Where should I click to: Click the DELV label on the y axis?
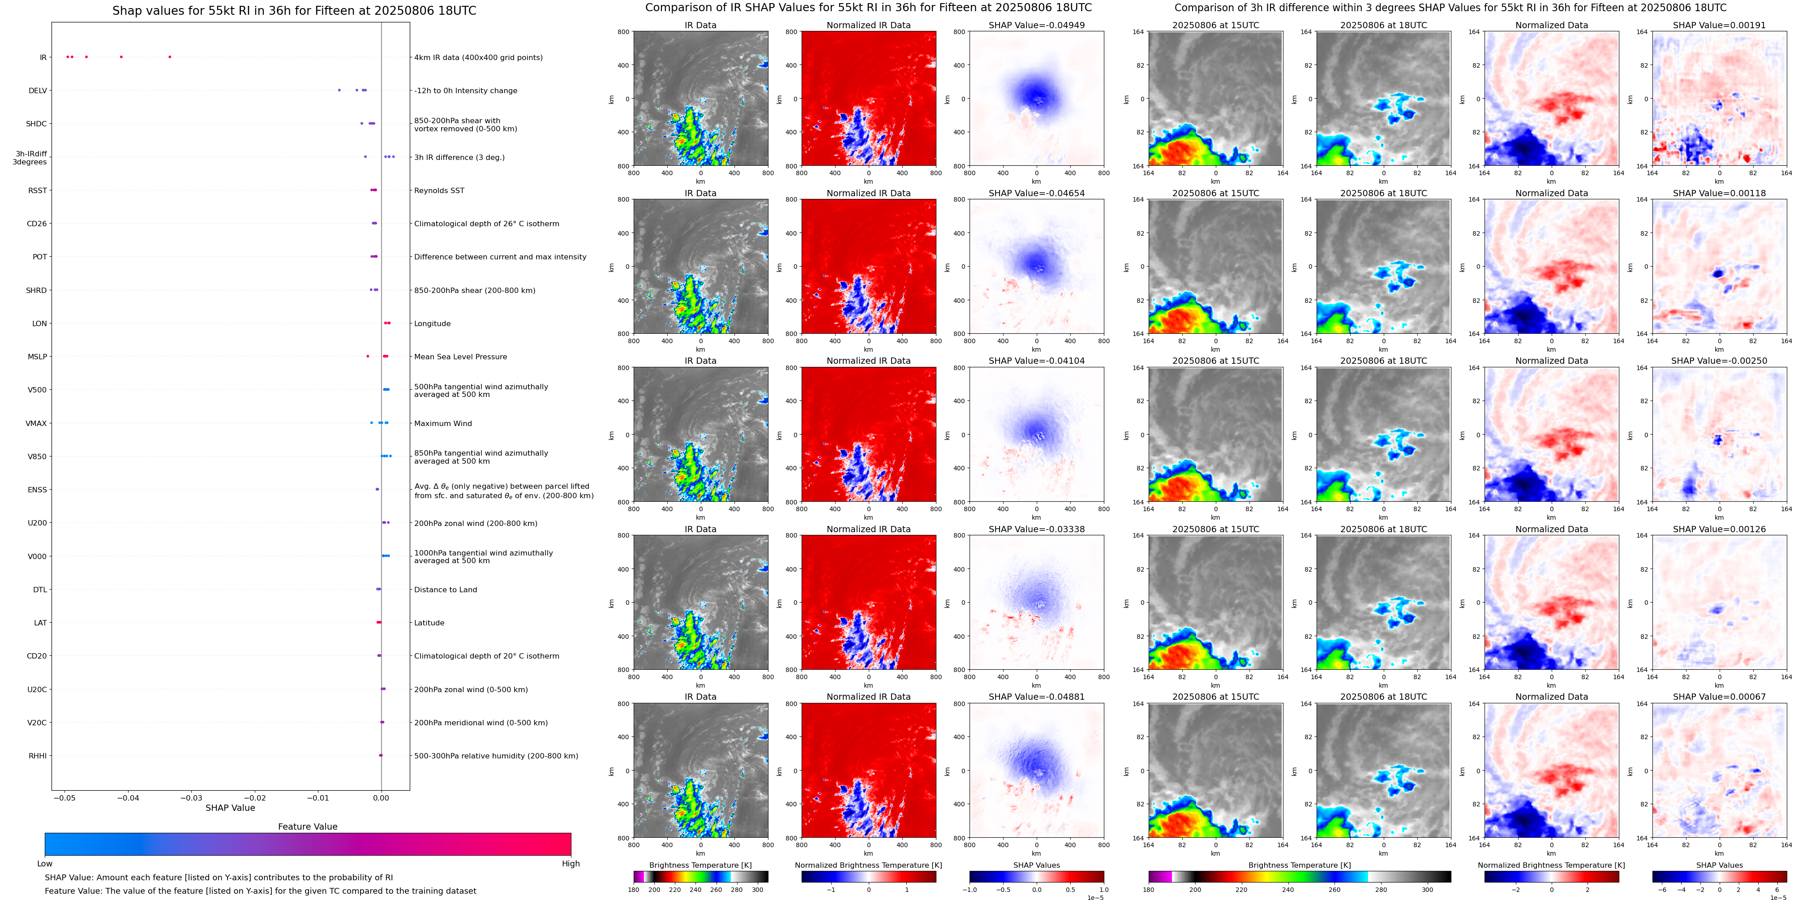click(x=38, y=91)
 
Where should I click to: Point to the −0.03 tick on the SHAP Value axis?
click(x=192, y=797)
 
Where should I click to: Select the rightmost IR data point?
click(x=170, y=56)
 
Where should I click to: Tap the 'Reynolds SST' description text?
click(x=439, y=190)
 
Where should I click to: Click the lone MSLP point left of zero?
click(x=368, y=356)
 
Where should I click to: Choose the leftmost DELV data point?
click(x=339, y=90)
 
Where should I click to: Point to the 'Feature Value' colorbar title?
click(x=307, y=827)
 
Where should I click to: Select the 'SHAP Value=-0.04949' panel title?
click(x=1037, y=25)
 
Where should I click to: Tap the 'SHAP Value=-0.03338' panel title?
click(x=1037, y=529)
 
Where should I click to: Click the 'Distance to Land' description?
click(x=445, y=590)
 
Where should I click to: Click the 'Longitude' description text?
click(x=432, y=324)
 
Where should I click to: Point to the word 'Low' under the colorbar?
click(x=45, y=864)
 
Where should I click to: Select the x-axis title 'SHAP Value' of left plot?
click(x=230, y=808)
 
